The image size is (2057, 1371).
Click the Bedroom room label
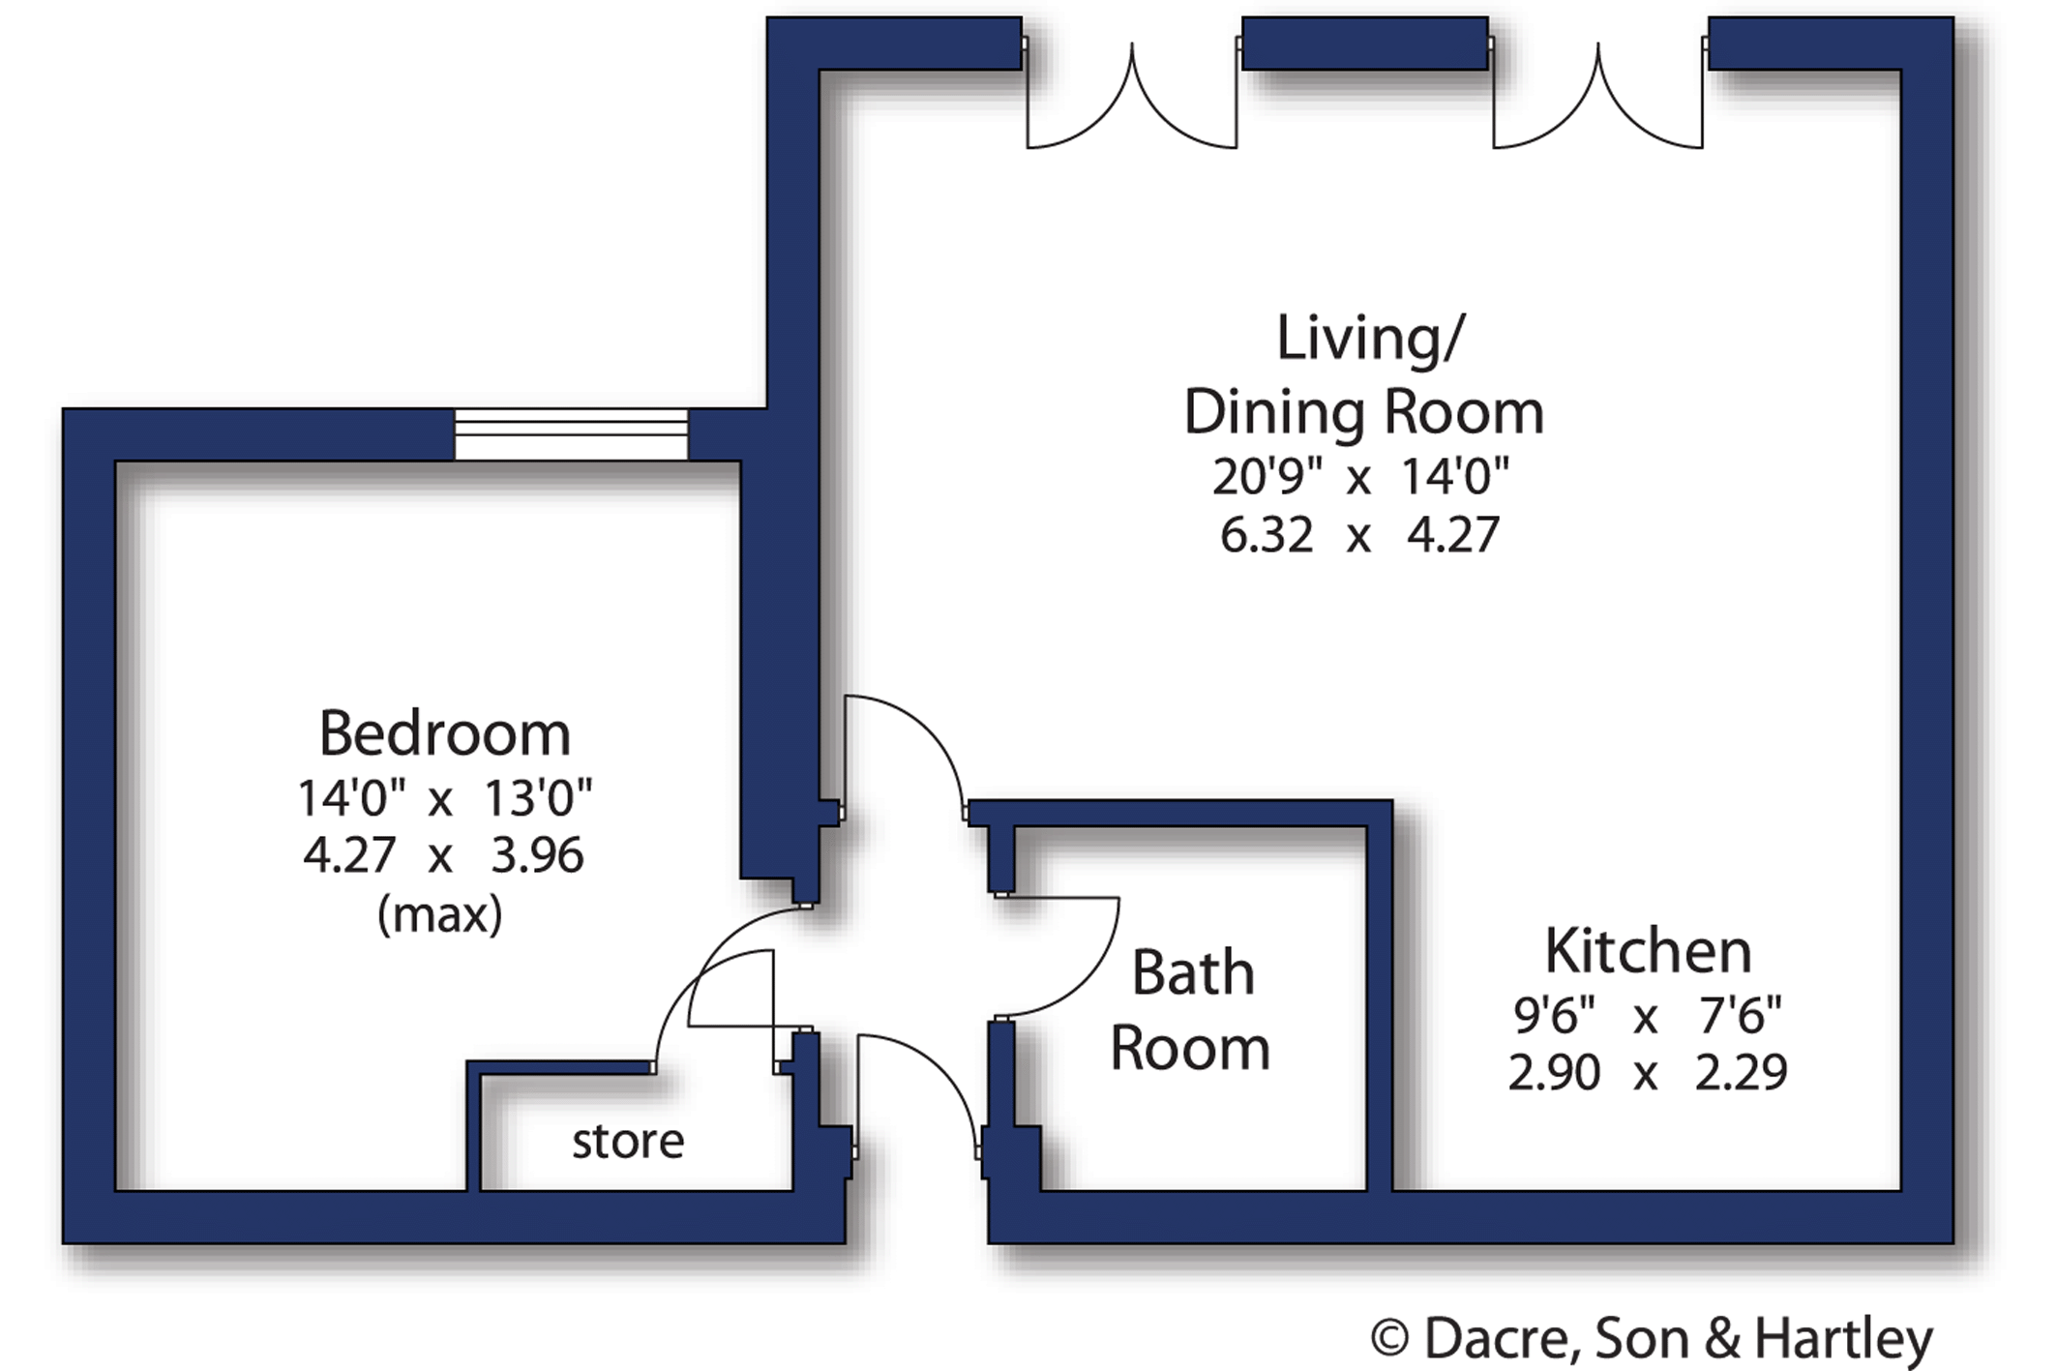445,733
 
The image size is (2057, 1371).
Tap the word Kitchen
1648,950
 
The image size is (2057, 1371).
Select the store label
628,1141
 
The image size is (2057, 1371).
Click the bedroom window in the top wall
571,434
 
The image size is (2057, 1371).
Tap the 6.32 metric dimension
1267,535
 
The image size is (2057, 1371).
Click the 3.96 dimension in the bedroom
537,855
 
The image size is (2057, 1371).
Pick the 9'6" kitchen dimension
1554,1015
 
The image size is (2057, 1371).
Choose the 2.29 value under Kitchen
1741,1072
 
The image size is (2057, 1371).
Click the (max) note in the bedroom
440,913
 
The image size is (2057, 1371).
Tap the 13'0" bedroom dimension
538,798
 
